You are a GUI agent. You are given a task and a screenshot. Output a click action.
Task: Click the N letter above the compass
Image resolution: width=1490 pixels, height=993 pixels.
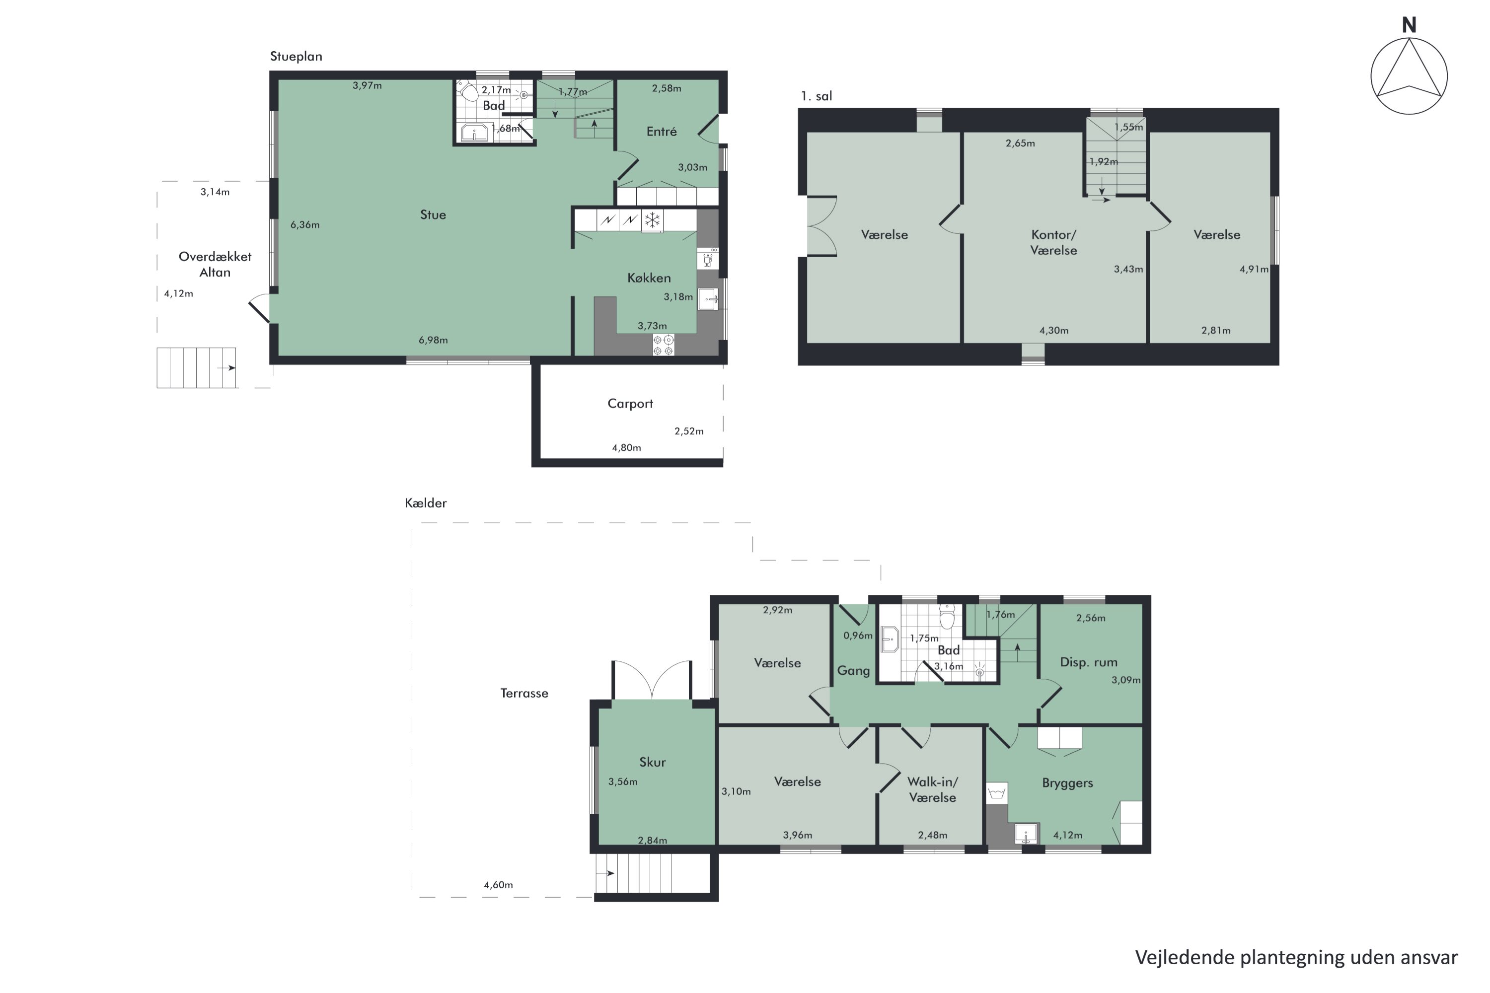coord(1409,25)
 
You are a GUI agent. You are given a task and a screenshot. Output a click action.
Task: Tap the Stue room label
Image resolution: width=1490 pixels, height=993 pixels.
coord(433,214)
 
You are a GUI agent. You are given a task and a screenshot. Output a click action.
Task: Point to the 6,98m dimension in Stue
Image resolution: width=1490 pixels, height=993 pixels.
coord(433,340)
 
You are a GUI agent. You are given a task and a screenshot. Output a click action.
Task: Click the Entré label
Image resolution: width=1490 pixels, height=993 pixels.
coord(662,131)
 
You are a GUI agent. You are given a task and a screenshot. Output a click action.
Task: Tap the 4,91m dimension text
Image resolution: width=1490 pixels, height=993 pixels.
coord(1254,269)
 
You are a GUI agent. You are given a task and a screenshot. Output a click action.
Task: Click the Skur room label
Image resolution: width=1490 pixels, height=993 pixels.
coord(653,762)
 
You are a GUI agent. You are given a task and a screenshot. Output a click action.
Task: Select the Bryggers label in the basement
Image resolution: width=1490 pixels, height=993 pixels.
coord(1067,783)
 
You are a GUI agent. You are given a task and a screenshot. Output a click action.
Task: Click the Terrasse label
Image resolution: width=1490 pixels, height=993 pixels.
coord(524,694)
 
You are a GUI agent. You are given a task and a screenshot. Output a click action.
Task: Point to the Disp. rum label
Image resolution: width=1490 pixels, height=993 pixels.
coord(1088,662)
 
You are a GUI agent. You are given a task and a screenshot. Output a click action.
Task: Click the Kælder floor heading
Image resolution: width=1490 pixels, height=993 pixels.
coord(426,503)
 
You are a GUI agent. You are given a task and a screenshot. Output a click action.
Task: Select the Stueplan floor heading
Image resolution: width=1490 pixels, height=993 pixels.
coord(297,57)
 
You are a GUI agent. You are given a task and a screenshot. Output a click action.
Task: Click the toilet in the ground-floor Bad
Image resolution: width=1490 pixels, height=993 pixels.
coord(468,92)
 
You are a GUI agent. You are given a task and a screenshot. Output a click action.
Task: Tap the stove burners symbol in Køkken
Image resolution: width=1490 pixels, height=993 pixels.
coord(663,345)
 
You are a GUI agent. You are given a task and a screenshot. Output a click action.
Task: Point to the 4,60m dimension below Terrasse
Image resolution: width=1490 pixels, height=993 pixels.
coord(499,885)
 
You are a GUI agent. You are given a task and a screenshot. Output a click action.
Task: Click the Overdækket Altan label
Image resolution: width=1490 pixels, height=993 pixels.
coord(215,265)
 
